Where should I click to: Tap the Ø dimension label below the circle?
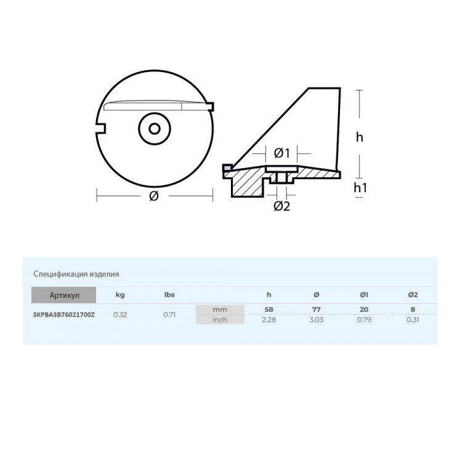154,197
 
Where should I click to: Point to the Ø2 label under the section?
281,206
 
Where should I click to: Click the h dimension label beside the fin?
360,137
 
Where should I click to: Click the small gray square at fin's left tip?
227,167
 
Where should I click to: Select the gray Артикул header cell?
64,296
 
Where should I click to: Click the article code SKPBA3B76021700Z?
64,315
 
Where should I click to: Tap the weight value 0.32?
120,315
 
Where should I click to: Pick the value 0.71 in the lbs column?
170,315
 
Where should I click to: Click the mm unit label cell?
219,309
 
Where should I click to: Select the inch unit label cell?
219,320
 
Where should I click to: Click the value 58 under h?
269,309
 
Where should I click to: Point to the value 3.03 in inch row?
317,320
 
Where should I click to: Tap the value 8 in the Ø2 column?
413,309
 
